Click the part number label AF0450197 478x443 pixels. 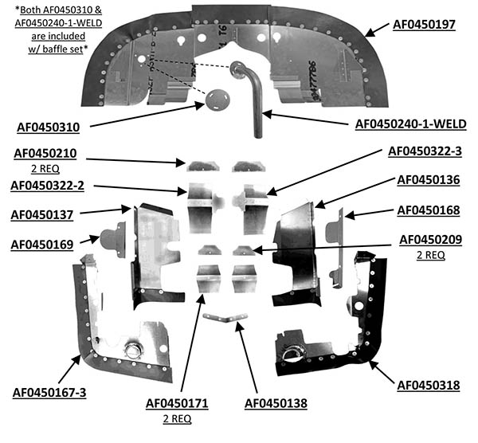pos(424,25)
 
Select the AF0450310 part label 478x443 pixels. pos(48,127)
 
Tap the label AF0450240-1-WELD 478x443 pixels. pos(410,124)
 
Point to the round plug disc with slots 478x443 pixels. pos(217,100)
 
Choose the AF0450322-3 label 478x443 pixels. pos(425,151)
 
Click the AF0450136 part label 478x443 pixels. pos(429,180)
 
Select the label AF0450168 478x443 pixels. pos(429,210)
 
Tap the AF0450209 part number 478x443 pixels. pos(430,240)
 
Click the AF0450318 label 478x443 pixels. pos(429,386)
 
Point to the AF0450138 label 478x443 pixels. pos(276,403)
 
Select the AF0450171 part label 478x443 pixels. pos(177,403)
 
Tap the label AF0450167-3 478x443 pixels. pos(49,393)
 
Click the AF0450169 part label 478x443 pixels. pos(42,245)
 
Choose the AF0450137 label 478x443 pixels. pos(42,215)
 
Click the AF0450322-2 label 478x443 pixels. pos(47,186)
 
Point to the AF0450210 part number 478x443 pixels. pos(45,153)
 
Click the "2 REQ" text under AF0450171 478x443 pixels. pos(177,418)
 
